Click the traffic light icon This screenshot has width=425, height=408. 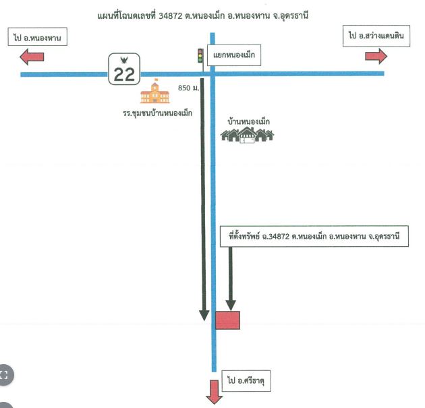[200, 55]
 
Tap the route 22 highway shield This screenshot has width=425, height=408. [124, 69]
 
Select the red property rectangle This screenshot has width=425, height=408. [227, 320]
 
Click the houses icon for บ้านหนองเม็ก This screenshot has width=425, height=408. [247, 135]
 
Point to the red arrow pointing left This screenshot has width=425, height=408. [32, 57]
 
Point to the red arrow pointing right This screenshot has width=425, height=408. [376, 56]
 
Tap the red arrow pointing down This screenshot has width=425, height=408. [214, 392]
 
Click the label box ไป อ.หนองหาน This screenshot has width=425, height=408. [37, 36]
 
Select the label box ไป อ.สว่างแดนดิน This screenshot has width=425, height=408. [376, 36]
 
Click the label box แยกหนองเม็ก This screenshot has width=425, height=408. [234, 55]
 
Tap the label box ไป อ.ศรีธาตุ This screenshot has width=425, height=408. [246, 380]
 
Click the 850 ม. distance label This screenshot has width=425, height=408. [188, 88]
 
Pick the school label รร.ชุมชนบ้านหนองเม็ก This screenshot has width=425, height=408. [157, 113]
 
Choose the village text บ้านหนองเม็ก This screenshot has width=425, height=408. [248, 121]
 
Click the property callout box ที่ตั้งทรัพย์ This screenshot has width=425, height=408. [314, 236]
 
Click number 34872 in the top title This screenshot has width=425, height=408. [171, 16]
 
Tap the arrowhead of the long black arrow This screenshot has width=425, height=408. [204, 316]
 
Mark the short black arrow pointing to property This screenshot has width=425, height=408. [231, 279]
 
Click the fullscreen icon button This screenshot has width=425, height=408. [4, 375]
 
